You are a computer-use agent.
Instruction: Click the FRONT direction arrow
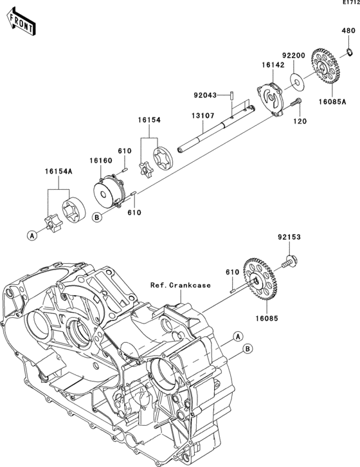(x=20, y=23)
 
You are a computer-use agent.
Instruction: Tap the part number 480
(x=348, y=30)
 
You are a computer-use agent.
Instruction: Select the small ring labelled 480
(x=350, y=52)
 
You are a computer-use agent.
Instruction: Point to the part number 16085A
(x=332, y=102)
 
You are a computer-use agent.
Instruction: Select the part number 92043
(x=205, y=95)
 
